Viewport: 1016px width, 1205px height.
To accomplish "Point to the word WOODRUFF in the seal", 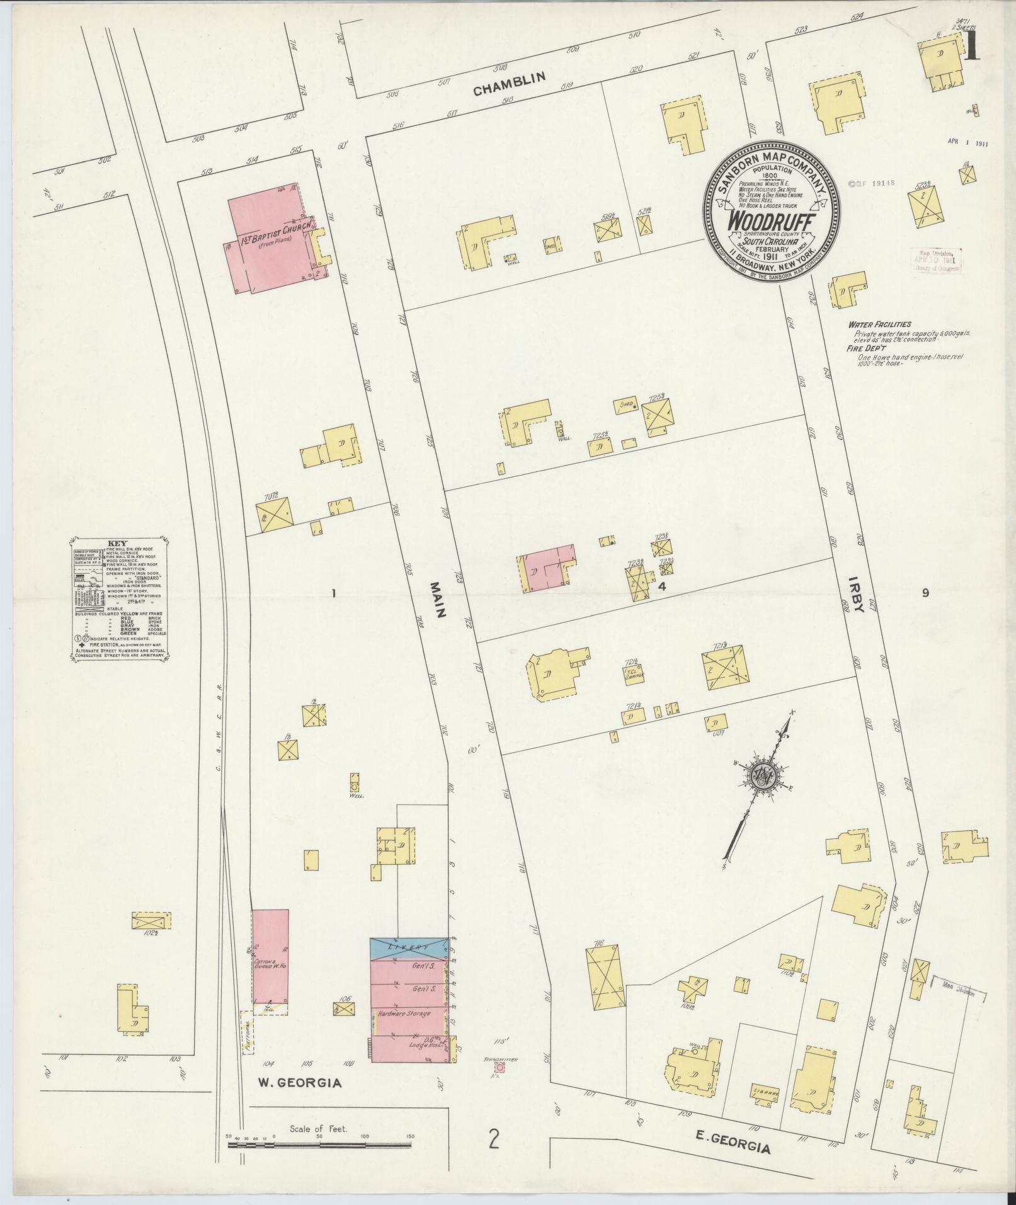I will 772,222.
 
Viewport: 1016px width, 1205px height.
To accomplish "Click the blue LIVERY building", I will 409,947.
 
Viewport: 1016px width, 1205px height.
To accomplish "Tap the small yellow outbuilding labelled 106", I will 343,1008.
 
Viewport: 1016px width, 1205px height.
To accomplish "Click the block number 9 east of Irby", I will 925,592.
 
